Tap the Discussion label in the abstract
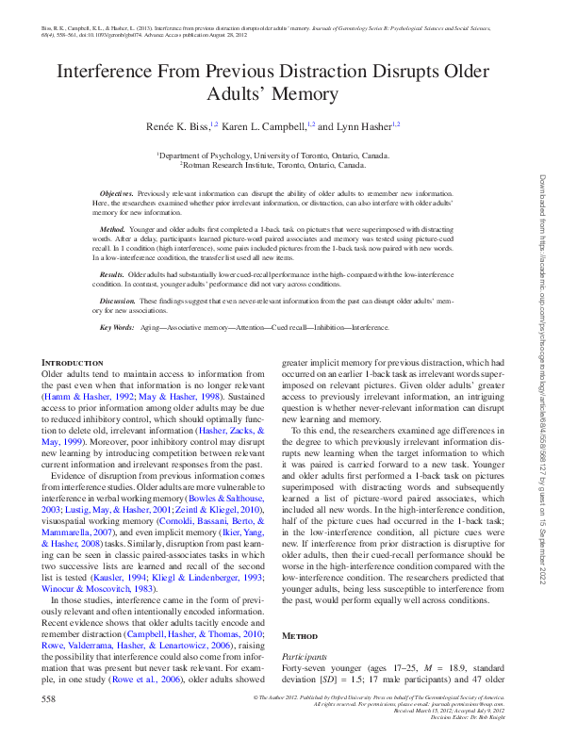click(120, 301)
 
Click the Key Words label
click(117, 327)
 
